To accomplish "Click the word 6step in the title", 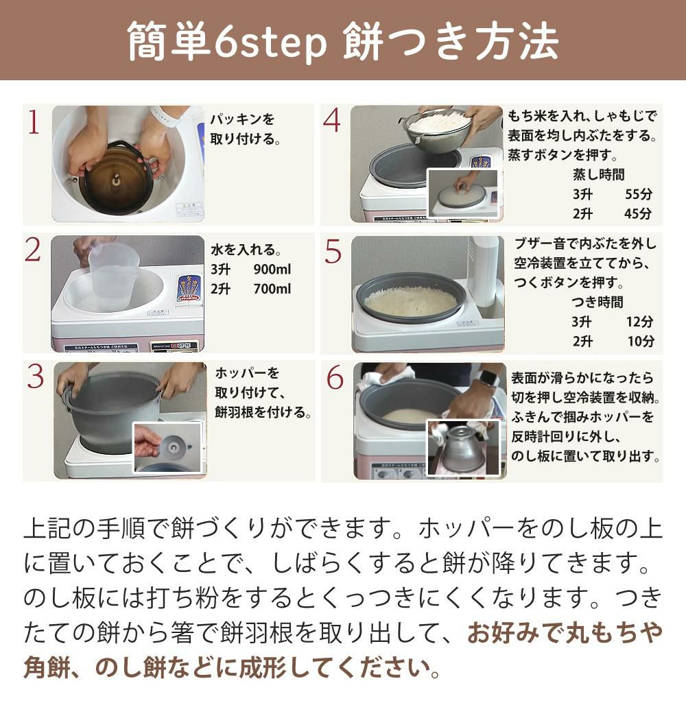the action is [270, 43].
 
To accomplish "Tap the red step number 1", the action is [34, 122].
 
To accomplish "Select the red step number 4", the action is [332, 121].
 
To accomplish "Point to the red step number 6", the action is [335, 377].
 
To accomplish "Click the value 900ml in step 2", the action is [272, 270].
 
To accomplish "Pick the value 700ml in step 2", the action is [272, 289].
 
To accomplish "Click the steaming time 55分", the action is [639, 194].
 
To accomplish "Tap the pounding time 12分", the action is [640, 322].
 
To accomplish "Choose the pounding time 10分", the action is [640, 341].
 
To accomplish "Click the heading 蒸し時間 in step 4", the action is [599, 174].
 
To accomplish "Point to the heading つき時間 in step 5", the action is [598, 302].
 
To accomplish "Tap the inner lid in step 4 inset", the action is [462, 196].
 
